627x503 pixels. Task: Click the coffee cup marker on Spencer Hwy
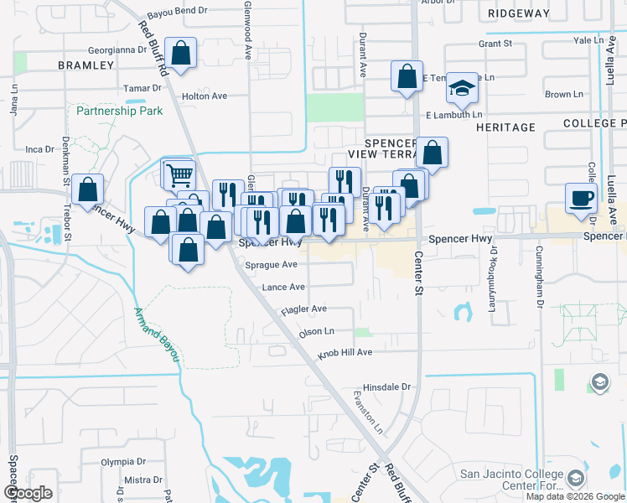click(x=581, y=199)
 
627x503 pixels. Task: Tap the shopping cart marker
click(x=179, y=175)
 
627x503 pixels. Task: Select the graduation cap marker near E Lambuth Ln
click(x=461, y=87)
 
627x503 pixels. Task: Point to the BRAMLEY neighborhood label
click(x=85, y=65)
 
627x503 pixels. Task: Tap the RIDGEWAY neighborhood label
click(x=519, y=13)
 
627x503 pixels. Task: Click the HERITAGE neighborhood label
click(x=505, y=127)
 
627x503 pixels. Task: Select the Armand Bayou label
click(x=158, y=334)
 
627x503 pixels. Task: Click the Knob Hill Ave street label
click(x=344, y=353)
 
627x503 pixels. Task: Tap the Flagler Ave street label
click(x=305, y=309)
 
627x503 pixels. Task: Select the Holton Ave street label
click(x=205, y=96)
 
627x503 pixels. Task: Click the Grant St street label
click(x=495, y=43)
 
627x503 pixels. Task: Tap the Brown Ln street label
click(x=557, y=95)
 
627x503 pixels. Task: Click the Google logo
click(x=28, y=493)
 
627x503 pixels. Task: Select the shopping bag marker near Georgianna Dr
click(x=180, y=54)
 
